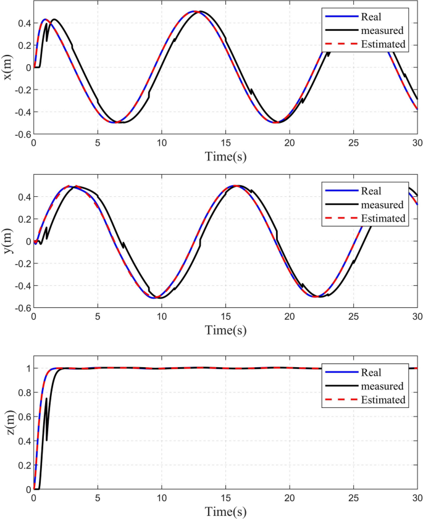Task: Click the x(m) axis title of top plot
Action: click(9, 67)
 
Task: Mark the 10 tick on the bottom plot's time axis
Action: click(161, 498)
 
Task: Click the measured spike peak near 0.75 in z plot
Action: click(46, 399)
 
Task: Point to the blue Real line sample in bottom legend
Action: click(337, 373)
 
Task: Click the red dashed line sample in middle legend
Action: click(337, 218)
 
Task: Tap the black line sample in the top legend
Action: click(337, 30)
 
